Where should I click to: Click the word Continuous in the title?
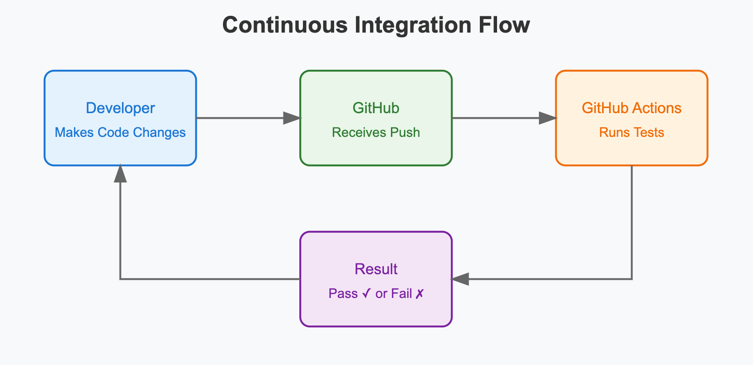tap(285, 25)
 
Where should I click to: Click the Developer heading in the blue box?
tap(121, 108)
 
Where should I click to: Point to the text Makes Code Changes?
tap(120, 133)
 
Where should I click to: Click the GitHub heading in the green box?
tap(376, 108)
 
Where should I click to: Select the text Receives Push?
tap(376, 133)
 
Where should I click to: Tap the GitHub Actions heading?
tap(632, 108)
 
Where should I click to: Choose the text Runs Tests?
tap(632, 133)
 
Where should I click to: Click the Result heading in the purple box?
tap(376, 269)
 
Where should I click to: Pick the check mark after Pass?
tap(366, 294)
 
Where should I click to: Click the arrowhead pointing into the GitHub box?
tap(292, 118)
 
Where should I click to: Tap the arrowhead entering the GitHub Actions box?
tap(548, 118)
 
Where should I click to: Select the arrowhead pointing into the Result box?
tap(460, 279)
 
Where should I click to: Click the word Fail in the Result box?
tap(401, 294)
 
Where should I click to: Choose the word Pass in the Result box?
tap(343, 294)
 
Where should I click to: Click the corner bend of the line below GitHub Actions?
tap(632, 279)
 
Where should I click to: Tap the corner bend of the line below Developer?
tap(121, 279)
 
